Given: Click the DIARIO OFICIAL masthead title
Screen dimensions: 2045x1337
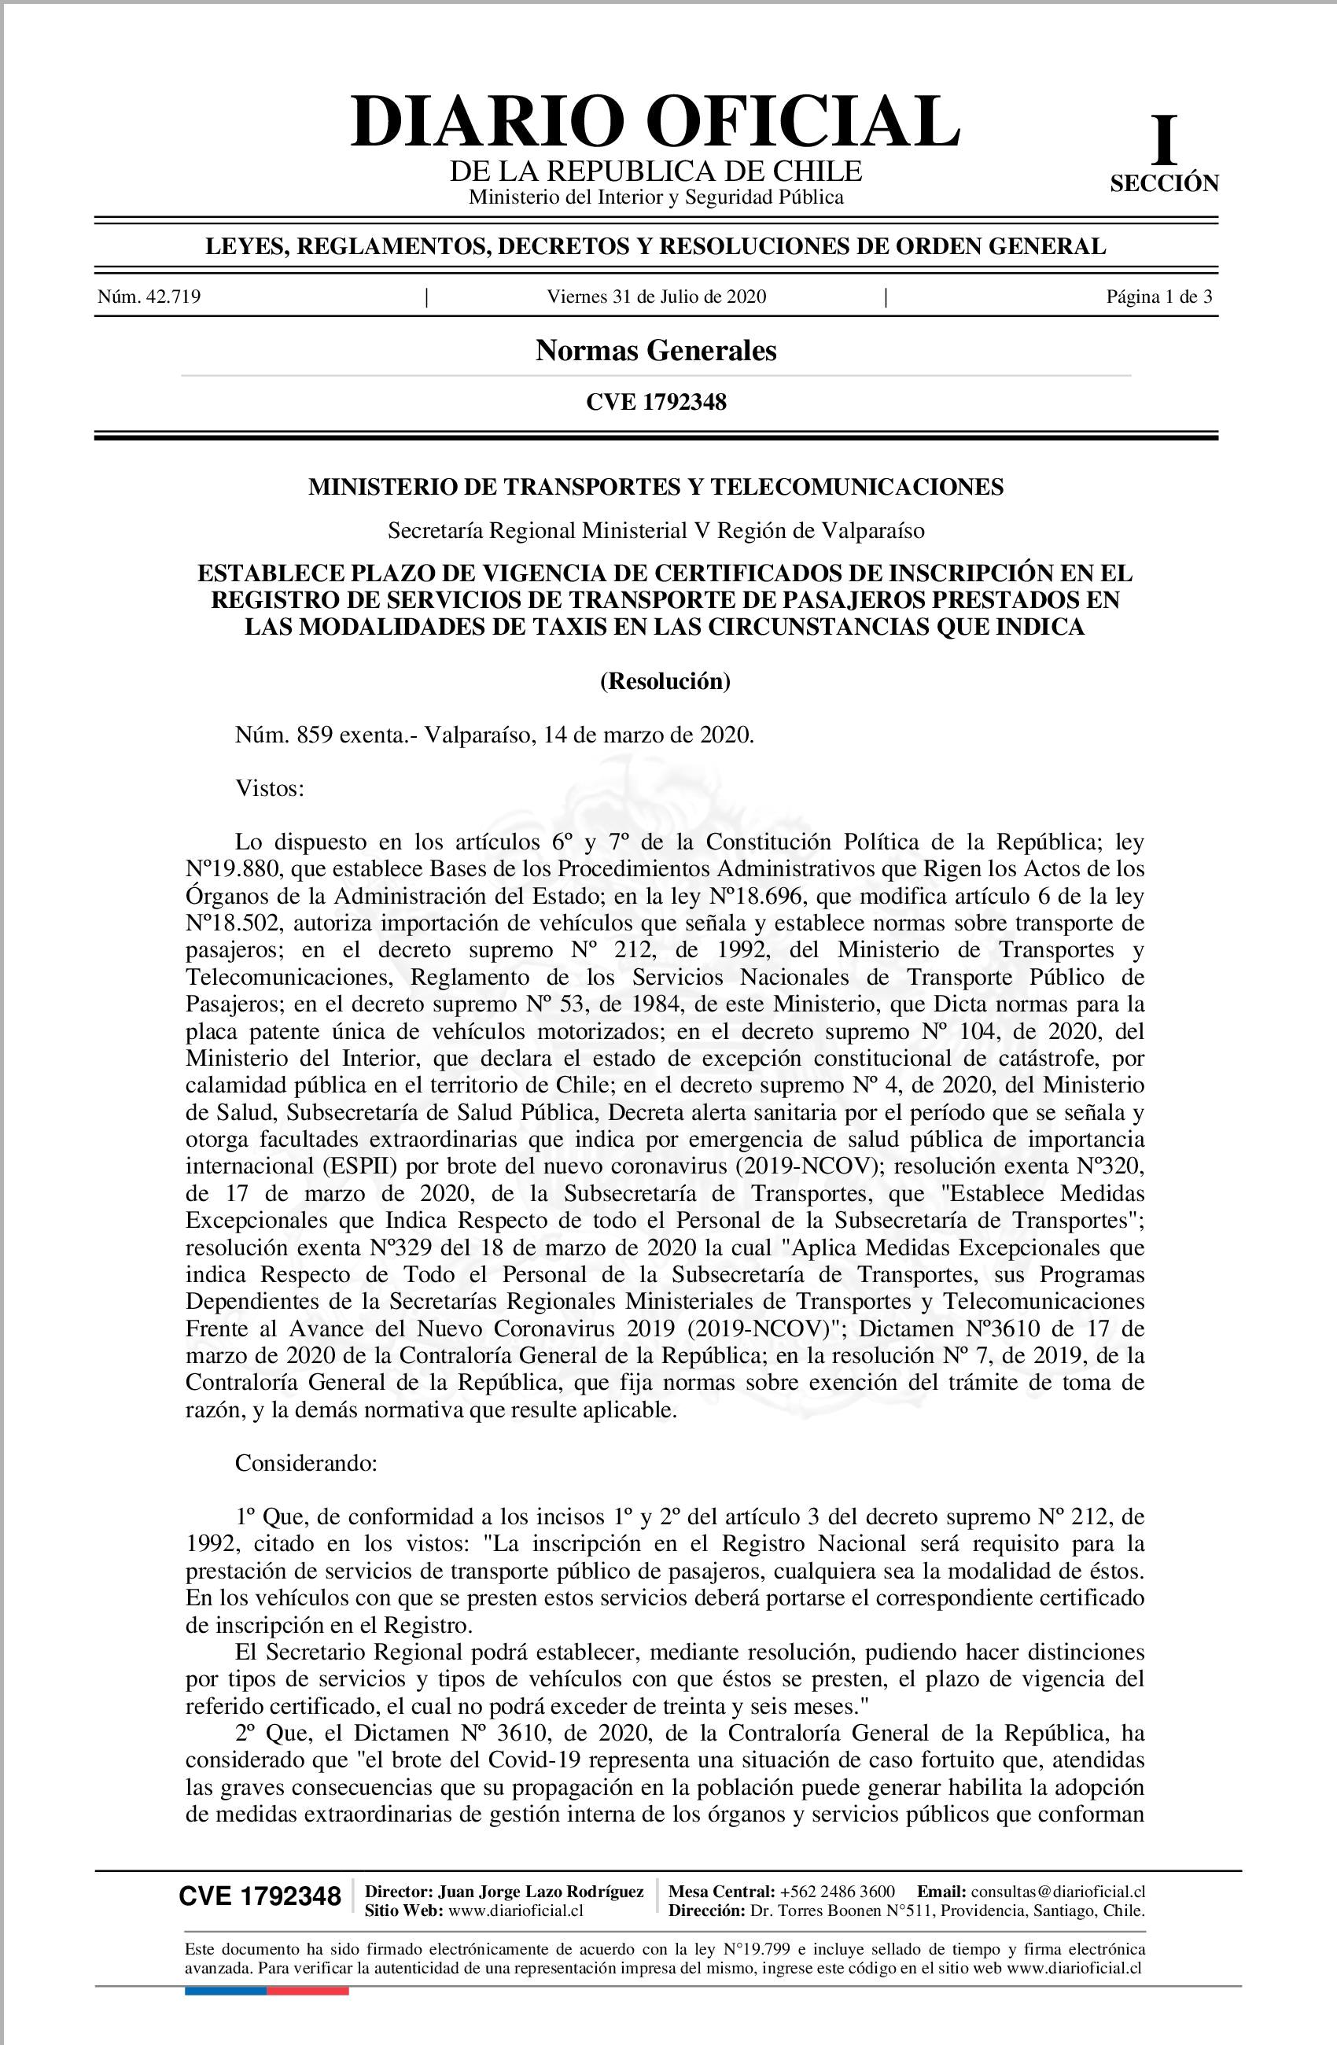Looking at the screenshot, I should click(x=656, y=122).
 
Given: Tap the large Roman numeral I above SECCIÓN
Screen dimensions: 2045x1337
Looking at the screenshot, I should click(x=1163, y=142).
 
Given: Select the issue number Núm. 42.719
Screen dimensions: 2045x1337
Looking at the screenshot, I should click(x=149, y=297).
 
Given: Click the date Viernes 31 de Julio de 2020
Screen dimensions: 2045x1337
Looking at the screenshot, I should click(x=657, y=297).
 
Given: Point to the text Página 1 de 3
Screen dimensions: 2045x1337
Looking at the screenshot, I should click(x=1159, y=297).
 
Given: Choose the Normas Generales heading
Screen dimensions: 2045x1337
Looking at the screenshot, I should click(x=656, y=351).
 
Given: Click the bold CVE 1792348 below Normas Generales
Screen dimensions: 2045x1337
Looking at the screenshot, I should click(x=656, y=401).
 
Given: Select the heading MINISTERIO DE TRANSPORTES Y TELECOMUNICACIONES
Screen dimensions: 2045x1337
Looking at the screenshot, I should click(x=656, y=487).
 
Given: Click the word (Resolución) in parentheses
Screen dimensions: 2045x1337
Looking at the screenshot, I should click(x=665, y=681).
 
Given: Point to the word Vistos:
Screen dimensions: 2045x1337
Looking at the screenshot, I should click(x=270, y=788).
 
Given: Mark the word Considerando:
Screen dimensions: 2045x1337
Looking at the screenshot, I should click(x=306, y=1463).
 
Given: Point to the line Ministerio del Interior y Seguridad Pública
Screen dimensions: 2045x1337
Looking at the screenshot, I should click(x=656, y=197).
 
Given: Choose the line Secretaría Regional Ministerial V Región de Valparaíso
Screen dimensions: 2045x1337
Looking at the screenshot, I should click(x=656, y=531).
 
